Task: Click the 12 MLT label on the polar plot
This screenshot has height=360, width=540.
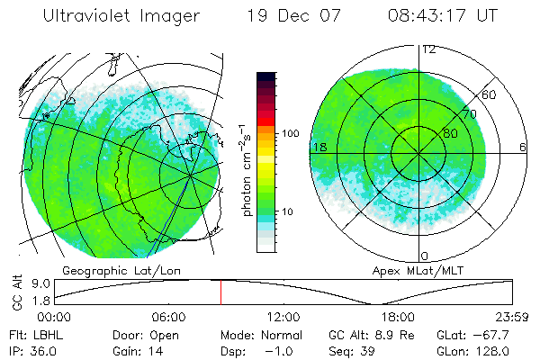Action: pos(429,49)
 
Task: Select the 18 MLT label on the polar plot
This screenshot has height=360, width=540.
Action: pos(318,146)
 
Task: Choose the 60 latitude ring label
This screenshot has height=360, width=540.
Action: pos(490,94)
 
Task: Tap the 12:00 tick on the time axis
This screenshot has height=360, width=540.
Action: pos(283,317)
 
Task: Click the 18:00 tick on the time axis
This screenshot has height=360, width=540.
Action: pos(398,317)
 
